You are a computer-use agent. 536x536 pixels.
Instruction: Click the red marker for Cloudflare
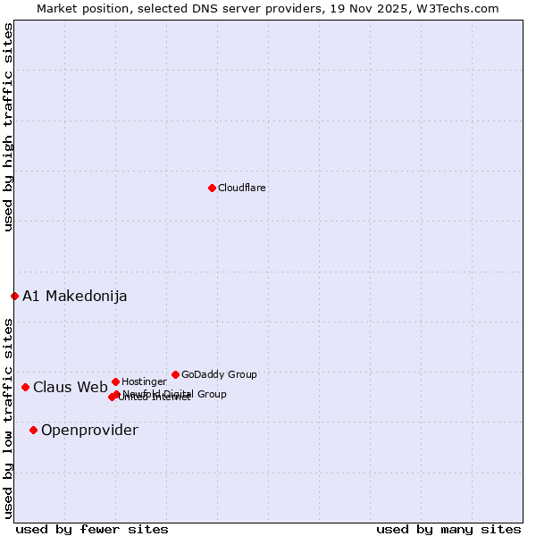pyautogui.click(x=212, y=188)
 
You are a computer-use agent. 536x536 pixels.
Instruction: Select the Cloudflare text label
pyautogui.click(x=241, y=188)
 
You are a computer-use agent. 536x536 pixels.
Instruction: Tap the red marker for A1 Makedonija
pyautogui.click(x=14, y=296)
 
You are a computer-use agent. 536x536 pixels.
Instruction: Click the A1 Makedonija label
pyautogui.click(x=75, y=296)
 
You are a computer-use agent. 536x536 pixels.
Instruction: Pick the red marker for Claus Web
pyautogui.click(x=25, y=387)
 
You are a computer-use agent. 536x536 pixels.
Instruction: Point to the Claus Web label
pyautogui.click(x=71, y=387)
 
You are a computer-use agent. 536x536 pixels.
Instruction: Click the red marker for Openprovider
pyautogui.click(x=33, y=430)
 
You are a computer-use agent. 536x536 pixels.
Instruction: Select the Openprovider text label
pyautogui.click(x=89, y=430)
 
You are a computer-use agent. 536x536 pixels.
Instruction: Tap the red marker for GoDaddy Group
pyautogui.click(x=175, y=374)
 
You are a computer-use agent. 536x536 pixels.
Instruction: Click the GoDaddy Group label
pyautogui.click(x=219, y=374)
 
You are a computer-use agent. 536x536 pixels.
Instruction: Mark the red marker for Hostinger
pyautogui.click(x=115, y=381)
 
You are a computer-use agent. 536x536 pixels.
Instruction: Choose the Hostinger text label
pyautogui.click(x=144, y=381)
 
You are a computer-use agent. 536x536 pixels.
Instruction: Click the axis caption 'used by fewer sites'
pyautogui.click(x=92, y=529)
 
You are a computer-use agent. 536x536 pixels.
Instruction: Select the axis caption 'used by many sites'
pyautogui.click(x=448, y=529)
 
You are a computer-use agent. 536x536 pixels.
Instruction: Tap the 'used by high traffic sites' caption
pyautogui.click(x=8, y=127)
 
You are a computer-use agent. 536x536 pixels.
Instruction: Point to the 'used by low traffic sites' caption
pyautogui.click(x=8, y=417)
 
